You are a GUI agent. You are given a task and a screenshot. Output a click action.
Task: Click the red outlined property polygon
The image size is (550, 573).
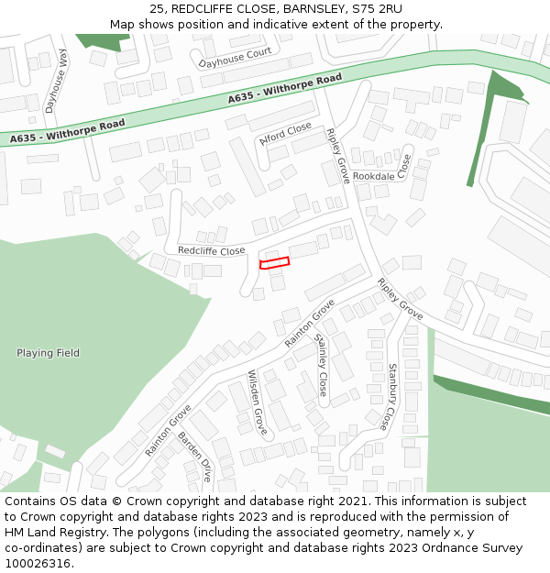click(x=275, y=263)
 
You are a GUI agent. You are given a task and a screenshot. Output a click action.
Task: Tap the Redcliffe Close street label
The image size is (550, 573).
click(x=211, y=250)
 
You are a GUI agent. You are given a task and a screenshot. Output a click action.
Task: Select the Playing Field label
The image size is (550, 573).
click(x=48, y=353)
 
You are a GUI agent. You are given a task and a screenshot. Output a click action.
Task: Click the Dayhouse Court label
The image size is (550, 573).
click(x=236, y=58)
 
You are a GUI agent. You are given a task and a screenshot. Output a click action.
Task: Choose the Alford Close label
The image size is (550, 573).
click(x=285, y=134)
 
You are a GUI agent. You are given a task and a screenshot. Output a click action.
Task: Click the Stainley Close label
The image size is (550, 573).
click(x=322, y=364)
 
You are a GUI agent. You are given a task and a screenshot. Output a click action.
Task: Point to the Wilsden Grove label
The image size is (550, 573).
click(x=258, y=402)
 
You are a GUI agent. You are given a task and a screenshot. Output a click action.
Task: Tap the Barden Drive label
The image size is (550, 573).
click(x=194, y=456)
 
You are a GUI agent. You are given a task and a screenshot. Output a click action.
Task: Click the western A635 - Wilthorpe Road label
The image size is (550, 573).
click(x=68, y=131)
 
